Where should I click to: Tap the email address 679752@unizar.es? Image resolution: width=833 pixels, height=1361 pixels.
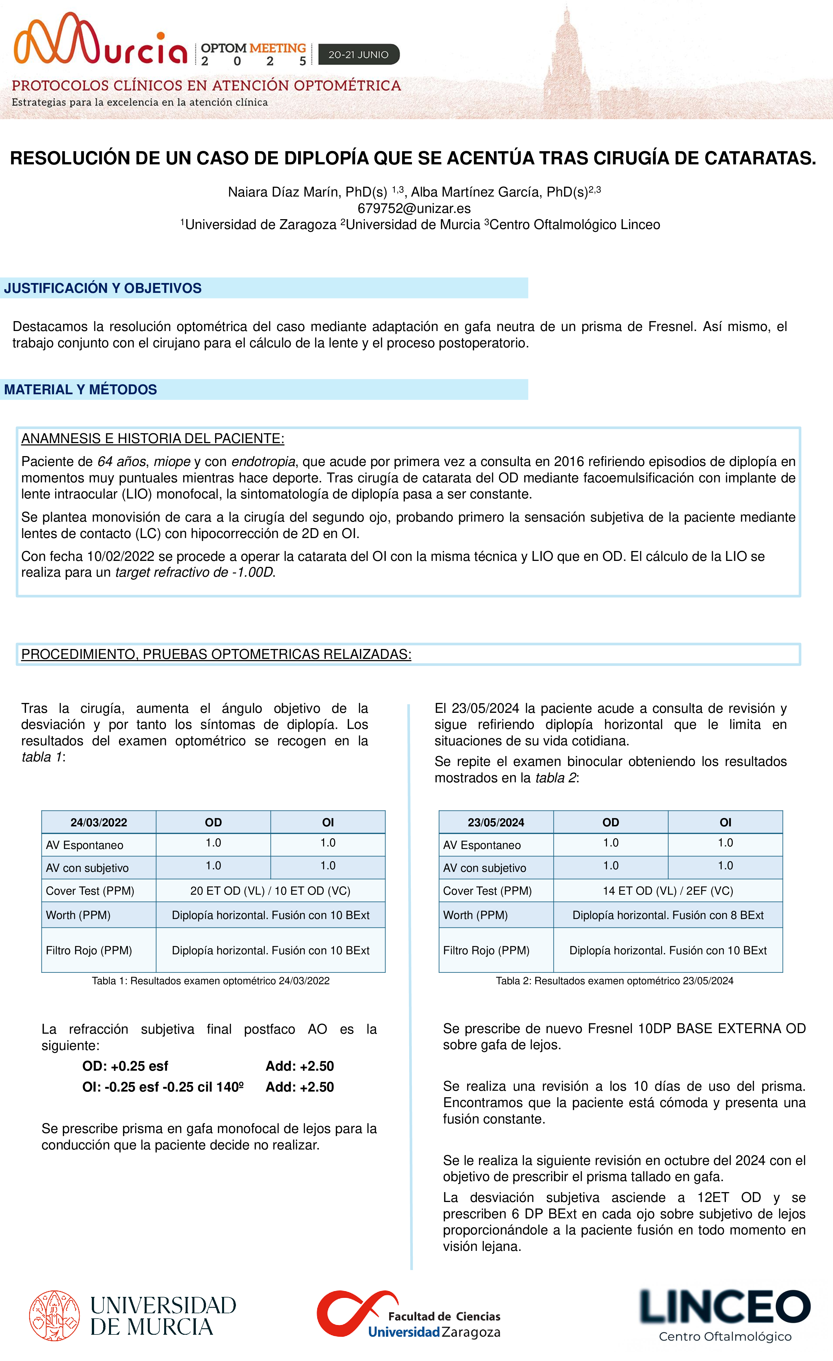point(414,208)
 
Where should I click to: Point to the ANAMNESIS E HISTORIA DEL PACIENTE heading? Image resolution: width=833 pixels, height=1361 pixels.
point(153,439)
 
